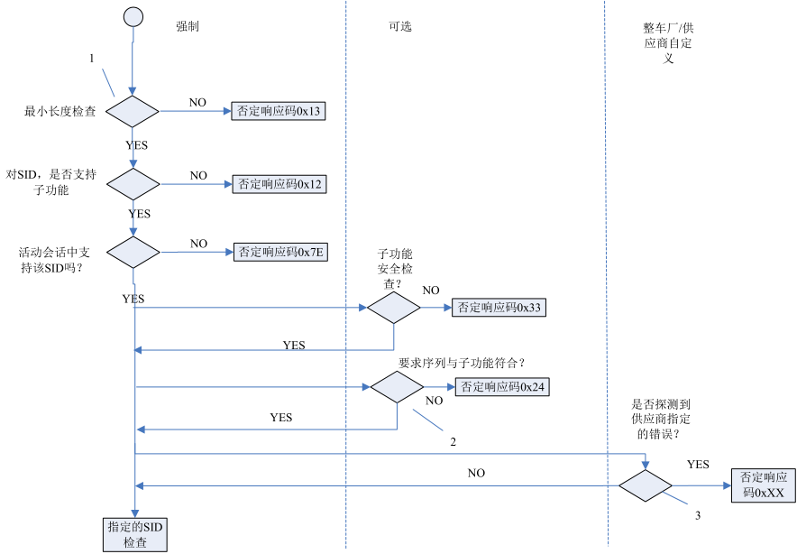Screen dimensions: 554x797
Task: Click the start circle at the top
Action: coord(133,15)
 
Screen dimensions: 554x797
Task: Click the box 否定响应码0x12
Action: coord(279,183)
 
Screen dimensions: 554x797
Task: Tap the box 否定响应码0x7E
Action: coord(279,252)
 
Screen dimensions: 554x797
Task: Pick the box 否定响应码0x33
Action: coord(499,307)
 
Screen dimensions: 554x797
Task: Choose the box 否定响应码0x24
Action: coord(501,386)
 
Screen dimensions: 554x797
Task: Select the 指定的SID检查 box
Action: coord(134,534)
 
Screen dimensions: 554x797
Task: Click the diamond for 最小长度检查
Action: coord(133,111)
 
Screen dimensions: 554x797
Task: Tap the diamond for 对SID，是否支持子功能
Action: coord(133,183)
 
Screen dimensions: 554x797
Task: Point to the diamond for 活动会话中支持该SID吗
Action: coord(133,252)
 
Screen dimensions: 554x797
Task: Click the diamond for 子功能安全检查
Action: coord(393,307)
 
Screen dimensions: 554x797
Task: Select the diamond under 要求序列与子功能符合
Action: coord(397,386)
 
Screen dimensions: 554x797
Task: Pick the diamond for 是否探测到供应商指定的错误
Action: coord(646,485)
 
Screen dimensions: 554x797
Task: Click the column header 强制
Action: coord(187,27)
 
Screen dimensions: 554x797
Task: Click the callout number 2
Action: coord(453,442)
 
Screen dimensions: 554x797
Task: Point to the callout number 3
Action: coord(697,515)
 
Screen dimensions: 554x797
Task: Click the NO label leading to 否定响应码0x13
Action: coord(197,102)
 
